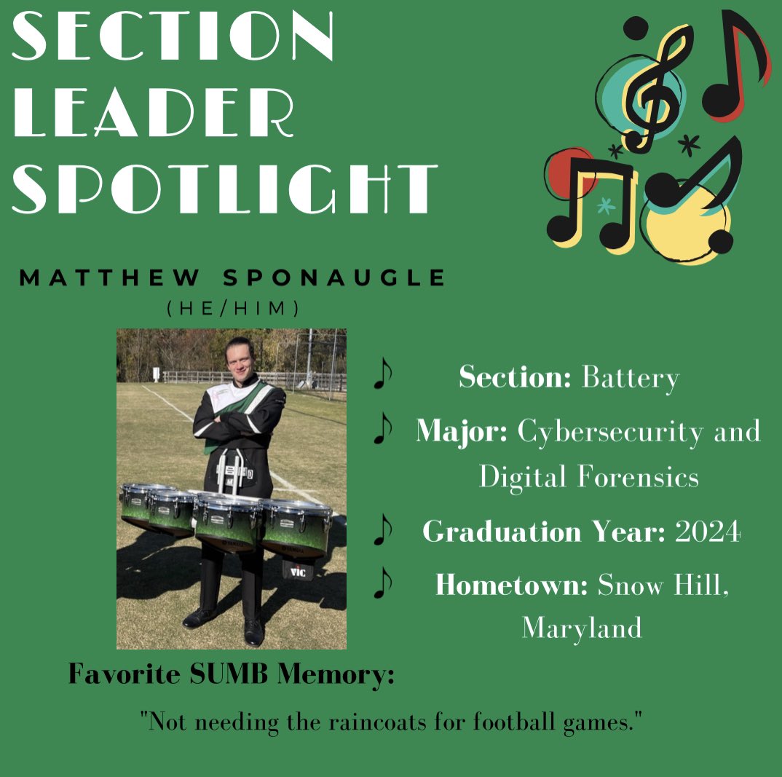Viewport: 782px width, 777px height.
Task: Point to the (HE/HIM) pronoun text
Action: (x=232, y=309)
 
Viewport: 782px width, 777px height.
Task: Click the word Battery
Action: (x=631, y=378)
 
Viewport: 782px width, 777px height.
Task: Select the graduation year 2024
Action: (x=708, y=532)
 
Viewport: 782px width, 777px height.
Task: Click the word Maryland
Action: (x=582, y=628)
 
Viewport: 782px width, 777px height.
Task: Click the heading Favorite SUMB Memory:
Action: (x=232, y=674)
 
